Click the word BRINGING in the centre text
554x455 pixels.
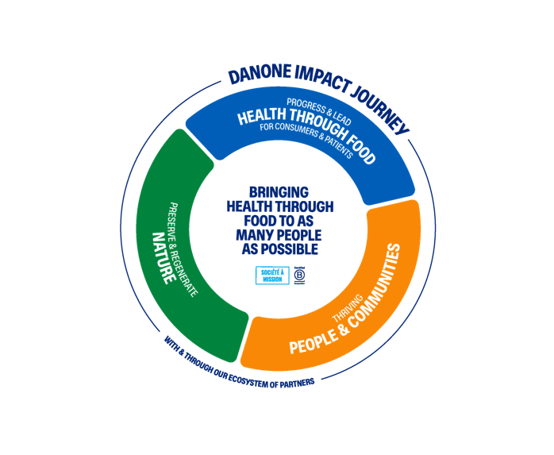tap(279, 192)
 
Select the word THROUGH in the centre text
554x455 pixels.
tap(305, 206)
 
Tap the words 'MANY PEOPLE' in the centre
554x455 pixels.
tap(279, 235)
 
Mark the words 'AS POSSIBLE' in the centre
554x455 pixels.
tap(279, 249)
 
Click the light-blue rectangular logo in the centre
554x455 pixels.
tap(271, 275)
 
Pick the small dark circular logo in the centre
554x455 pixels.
tap(300, 274)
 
